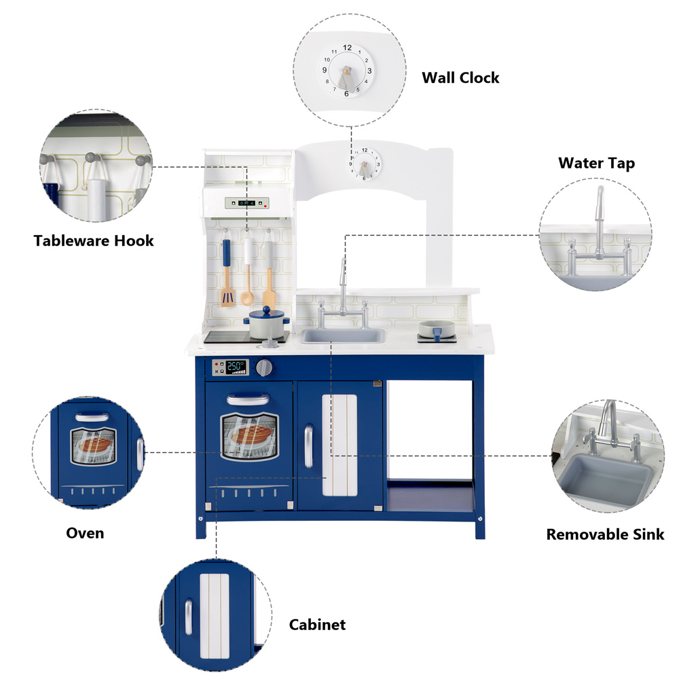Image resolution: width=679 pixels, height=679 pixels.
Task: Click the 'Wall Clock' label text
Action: coord(460,77)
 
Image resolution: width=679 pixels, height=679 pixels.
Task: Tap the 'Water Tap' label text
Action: coord(596,163)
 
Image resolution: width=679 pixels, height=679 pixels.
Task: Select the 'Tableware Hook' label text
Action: coord(94,240)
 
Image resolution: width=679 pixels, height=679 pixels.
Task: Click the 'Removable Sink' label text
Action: coord(605,534)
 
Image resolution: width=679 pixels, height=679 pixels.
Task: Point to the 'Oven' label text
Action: coord(85,532)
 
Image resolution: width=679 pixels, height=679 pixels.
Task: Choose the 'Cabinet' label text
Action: coord(317,625)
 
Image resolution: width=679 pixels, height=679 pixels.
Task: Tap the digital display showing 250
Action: coord(236,367)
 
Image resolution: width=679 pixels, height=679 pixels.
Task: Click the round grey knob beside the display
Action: coord(265,367)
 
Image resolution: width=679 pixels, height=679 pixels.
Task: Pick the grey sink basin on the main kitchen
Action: coord(343,335)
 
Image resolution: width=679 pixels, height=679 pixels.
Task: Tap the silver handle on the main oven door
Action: coord(249,399)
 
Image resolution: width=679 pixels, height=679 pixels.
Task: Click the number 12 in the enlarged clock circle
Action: coord(348,48)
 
